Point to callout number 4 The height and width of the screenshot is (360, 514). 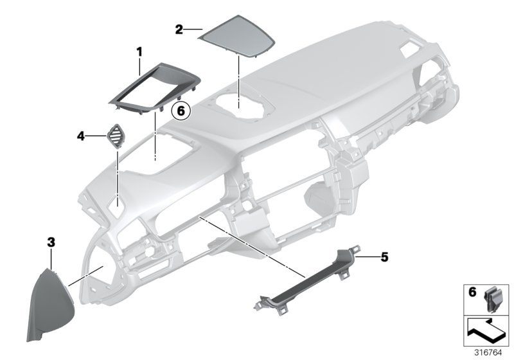coord(81,136)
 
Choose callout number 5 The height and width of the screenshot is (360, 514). coord(384,257)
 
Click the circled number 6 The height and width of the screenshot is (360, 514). coord(181,111)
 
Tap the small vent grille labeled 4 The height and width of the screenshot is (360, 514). coord(118,136)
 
